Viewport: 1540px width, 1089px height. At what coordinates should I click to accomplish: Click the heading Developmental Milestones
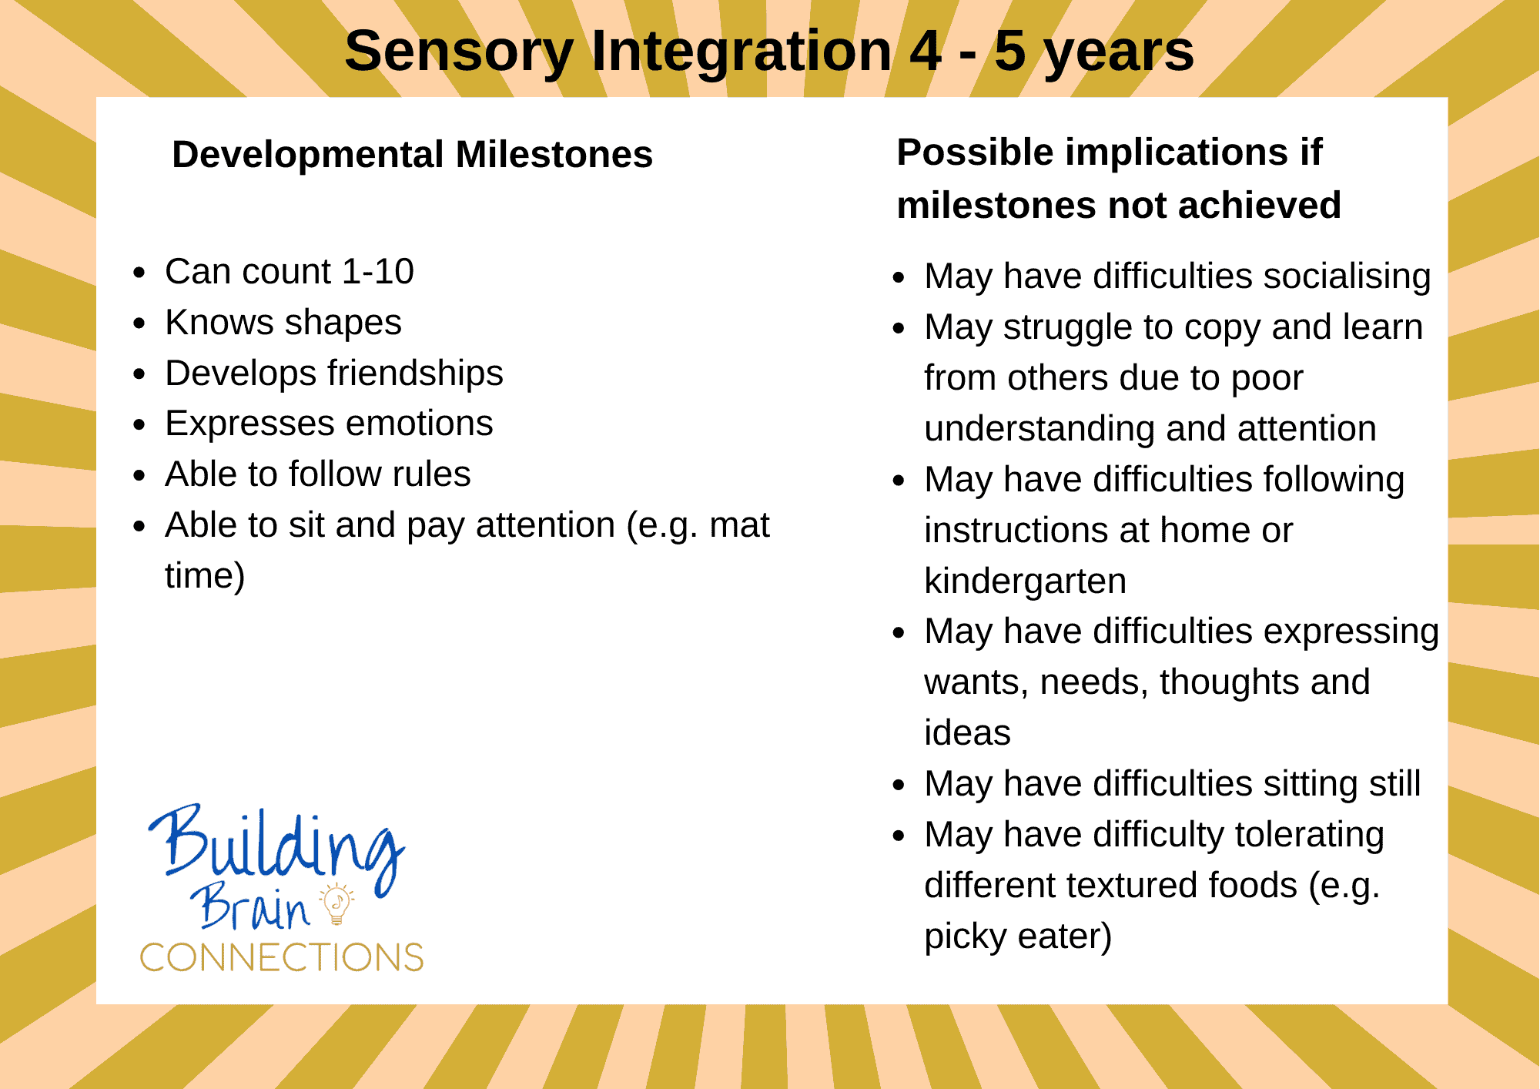[x=412, y=155]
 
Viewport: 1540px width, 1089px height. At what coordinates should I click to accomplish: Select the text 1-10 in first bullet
[x=377, y=272]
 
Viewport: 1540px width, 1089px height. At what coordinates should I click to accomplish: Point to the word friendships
[x=415, y=374]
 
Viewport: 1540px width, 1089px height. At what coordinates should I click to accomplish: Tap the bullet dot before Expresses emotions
[x=139, y=424]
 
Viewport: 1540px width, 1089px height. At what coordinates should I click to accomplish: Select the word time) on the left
[x=205, y=576]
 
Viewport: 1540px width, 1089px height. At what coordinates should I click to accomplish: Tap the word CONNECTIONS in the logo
[x=282, y=957]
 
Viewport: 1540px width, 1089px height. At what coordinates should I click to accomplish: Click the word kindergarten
[x=1025, y=581]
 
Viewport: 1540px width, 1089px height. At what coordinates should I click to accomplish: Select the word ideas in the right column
[x=967, y=732]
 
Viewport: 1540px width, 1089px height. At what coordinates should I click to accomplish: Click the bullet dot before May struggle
[x=899, y=328]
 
